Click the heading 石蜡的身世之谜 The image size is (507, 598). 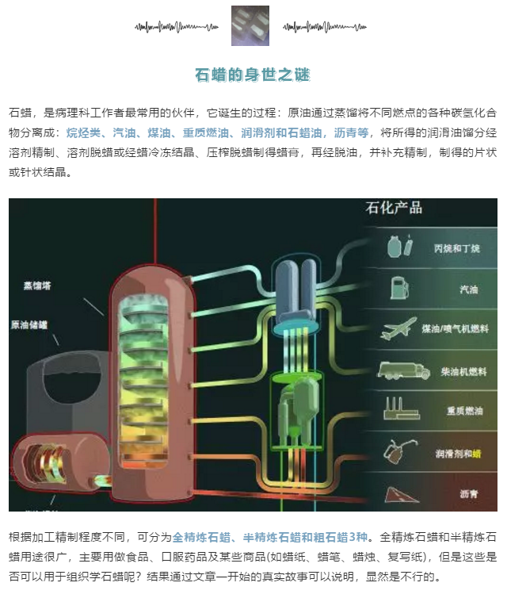point(253,75)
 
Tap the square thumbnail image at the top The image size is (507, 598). point(250,25)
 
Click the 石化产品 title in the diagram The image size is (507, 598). point(394,208)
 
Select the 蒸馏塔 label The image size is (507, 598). point(37,286)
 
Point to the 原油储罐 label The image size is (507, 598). point(29,325)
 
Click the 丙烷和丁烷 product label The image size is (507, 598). point(457,249)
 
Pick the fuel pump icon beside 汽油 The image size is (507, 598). point(399,288)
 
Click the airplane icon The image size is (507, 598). point(398,329)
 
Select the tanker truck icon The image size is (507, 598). point(403,370)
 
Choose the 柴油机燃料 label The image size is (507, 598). point(463,371)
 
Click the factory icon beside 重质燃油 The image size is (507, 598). point(401,408)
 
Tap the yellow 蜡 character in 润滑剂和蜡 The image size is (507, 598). point(477,454)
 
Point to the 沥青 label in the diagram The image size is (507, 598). point(468,494)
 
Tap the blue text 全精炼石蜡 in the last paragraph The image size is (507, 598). point(201,538)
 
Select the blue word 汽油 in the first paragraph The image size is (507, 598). point(124,132)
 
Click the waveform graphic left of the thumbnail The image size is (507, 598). point(177,27)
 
